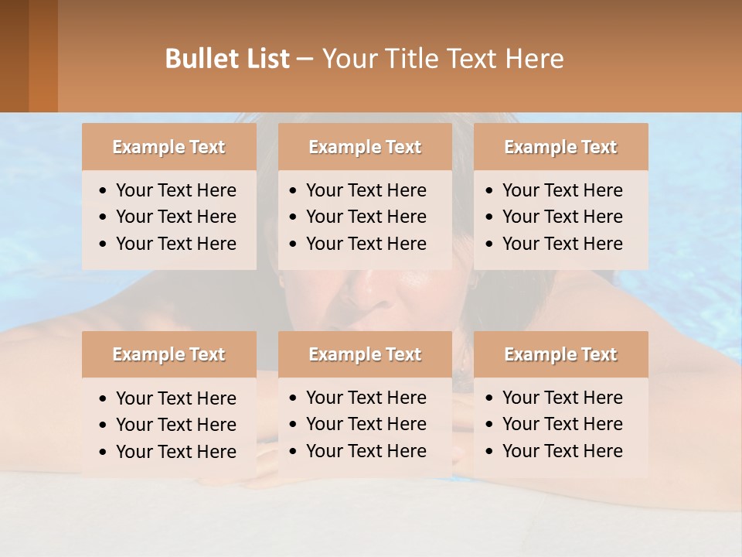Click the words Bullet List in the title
227,59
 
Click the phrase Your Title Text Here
442,59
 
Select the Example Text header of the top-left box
168,147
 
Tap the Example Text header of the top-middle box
365,147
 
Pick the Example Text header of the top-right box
560,147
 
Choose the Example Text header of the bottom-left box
168,354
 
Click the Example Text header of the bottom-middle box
365,354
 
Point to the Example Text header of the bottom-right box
560,354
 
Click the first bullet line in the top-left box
175,190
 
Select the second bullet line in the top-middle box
366,217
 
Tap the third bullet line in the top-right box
562,244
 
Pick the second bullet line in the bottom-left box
175,425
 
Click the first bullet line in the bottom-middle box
366,398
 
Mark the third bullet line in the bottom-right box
562,451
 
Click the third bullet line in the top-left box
175,244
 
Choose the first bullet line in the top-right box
562,190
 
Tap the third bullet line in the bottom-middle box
366,451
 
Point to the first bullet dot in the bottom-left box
104,399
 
